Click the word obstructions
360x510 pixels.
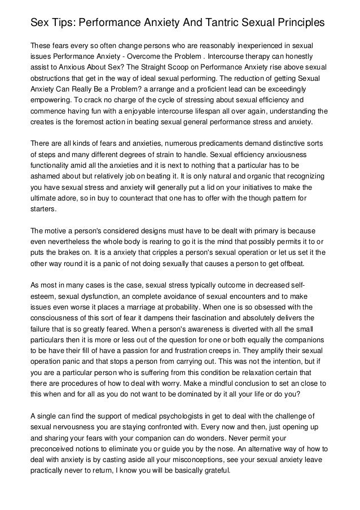52,79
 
